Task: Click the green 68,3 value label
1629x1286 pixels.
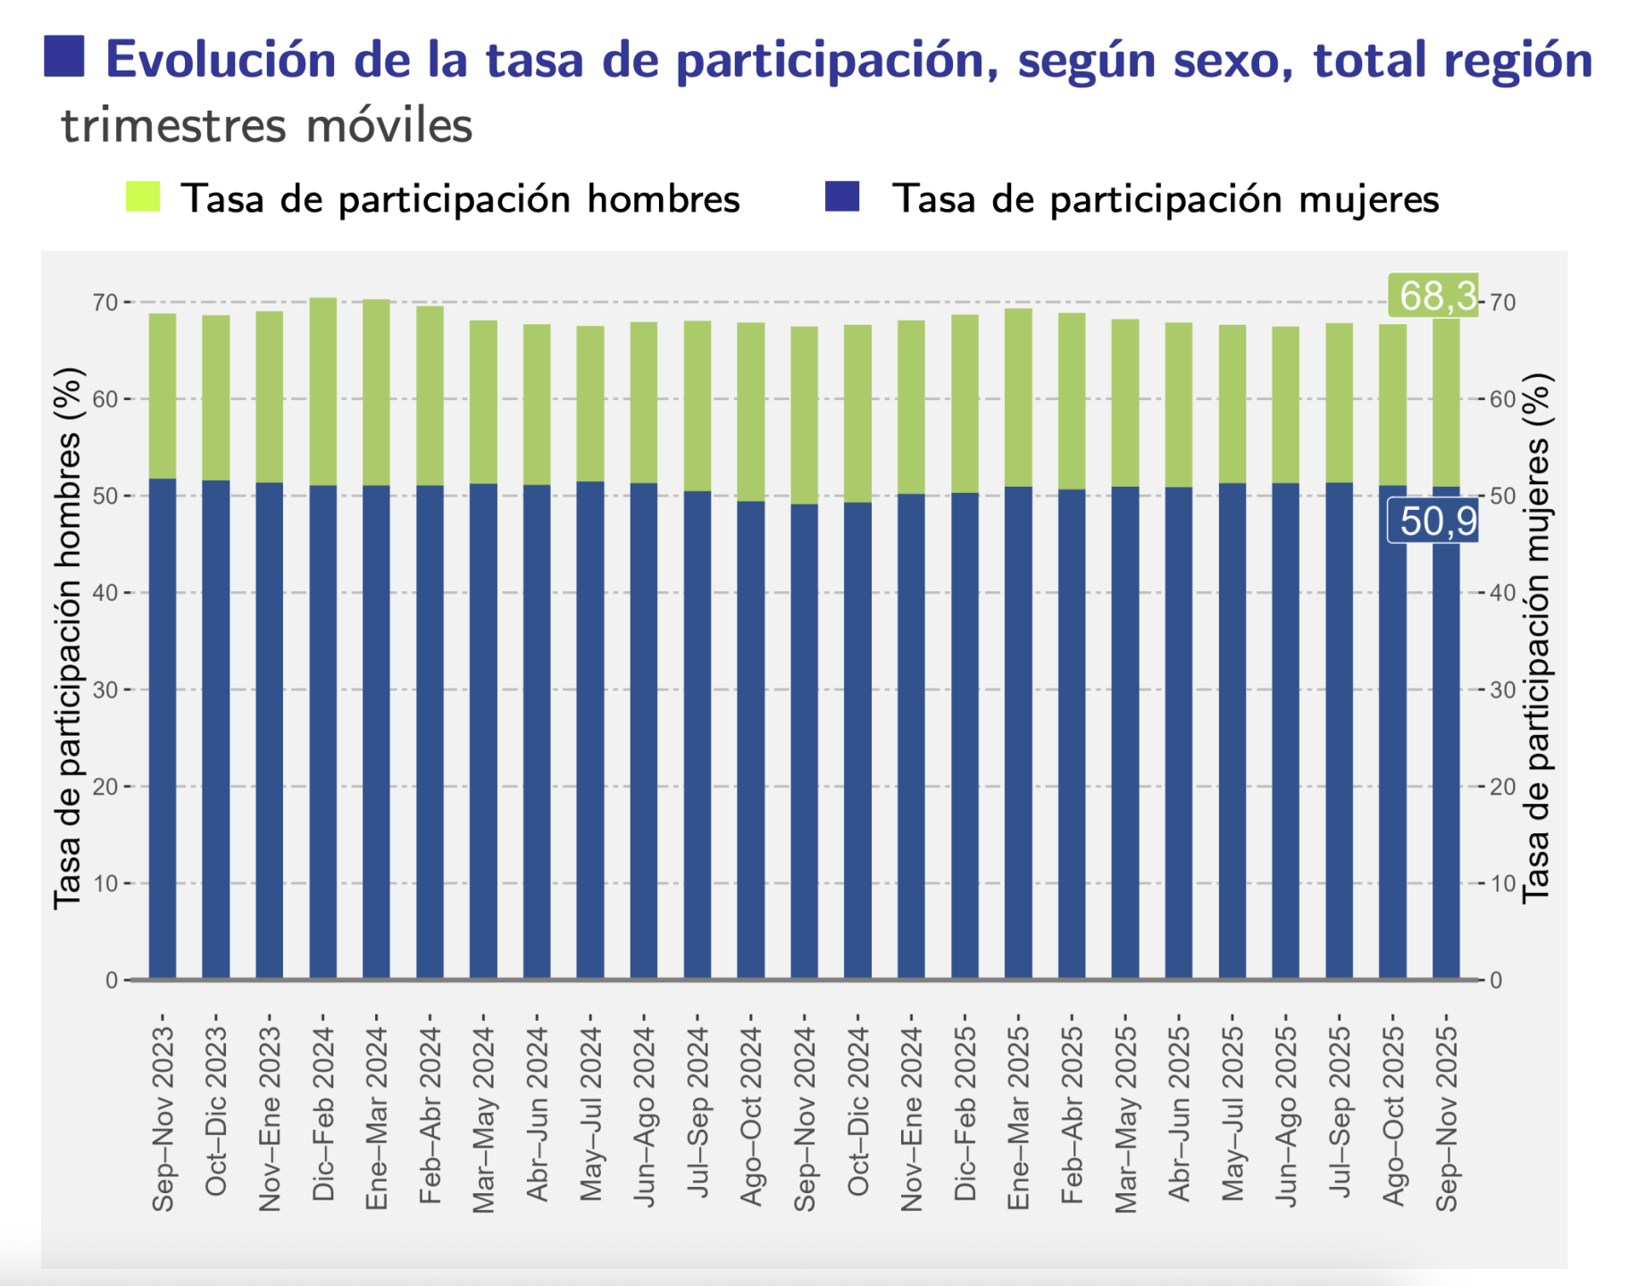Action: pyautogui.click(x=1434, y=296)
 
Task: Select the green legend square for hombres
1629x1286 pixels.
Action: pyautogui.click(x=143, y=196)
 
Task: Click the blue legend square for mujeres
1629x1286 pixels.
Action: pyautogui.click(x=842, y=196)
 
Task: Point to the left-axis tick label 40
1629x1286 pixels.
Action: pyautogui.click(x=104, y=593)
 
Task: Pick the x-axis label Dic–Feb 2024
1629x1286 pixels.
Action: pyautogui.click(x=323, y=1113)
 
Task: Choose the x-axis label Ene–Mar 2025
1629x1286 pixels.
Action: pyautogui.click(x=1018, y=1116)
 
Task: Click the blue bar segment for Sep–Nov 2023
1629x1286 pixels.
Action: pyautogui.click(x=163, y=728)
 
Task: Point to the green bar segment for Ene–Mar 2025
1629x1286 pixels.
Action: pyautogui.click(x=1018, y=397)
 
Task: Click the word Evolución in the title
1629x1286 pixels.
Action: pyautogui.click(x=221, y=60)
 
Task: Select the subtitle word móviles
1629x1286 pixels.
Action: pyautogui.click(x=388, y=125)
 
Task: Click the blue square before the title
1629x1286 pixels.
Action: pyautogui.click(x=64, y=56)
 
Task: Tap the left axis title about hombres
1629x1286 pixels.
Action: pyautogui.click(x=67, y=639)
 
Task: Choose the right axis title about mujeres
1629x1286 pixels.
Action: pyautogui.click(x=1536, y=639)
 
